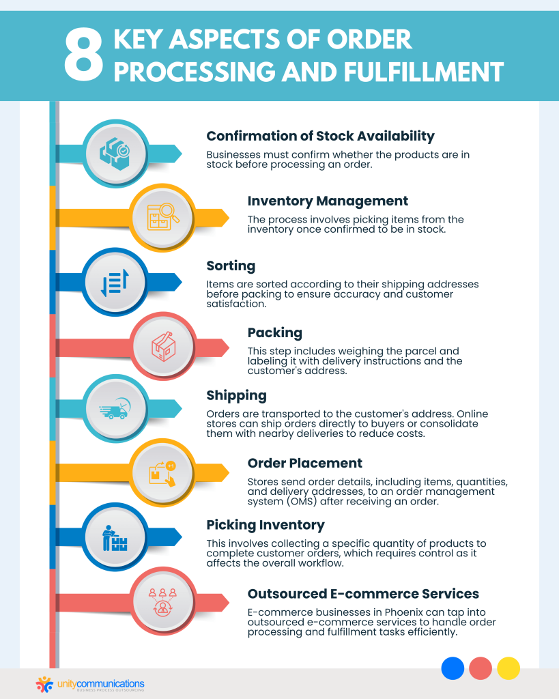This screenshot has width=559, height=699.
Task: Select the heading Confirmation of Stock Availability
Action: coord(320,136)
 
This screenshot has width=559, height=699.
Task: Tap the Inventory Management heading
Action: coord(328,201)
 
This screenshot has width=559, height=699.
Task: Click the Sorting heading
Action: coord(231,266)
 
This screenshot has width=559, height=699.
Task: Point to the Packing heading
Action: coord(274,332)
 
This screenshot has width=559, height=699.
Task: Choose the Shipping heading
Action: coord(236,395)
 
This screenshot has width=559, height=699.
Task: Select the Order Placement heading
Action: coord(304,463)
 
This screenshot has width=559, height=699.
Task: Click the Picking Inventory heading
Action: coord(266,525)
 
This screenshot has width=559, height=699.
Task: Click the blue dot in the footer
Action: coord(453,668)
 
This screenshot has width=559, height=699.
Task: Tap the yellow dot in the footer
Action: coord(508,668)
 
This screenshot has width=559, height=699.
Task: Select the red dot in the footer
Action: coord(481,668)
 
